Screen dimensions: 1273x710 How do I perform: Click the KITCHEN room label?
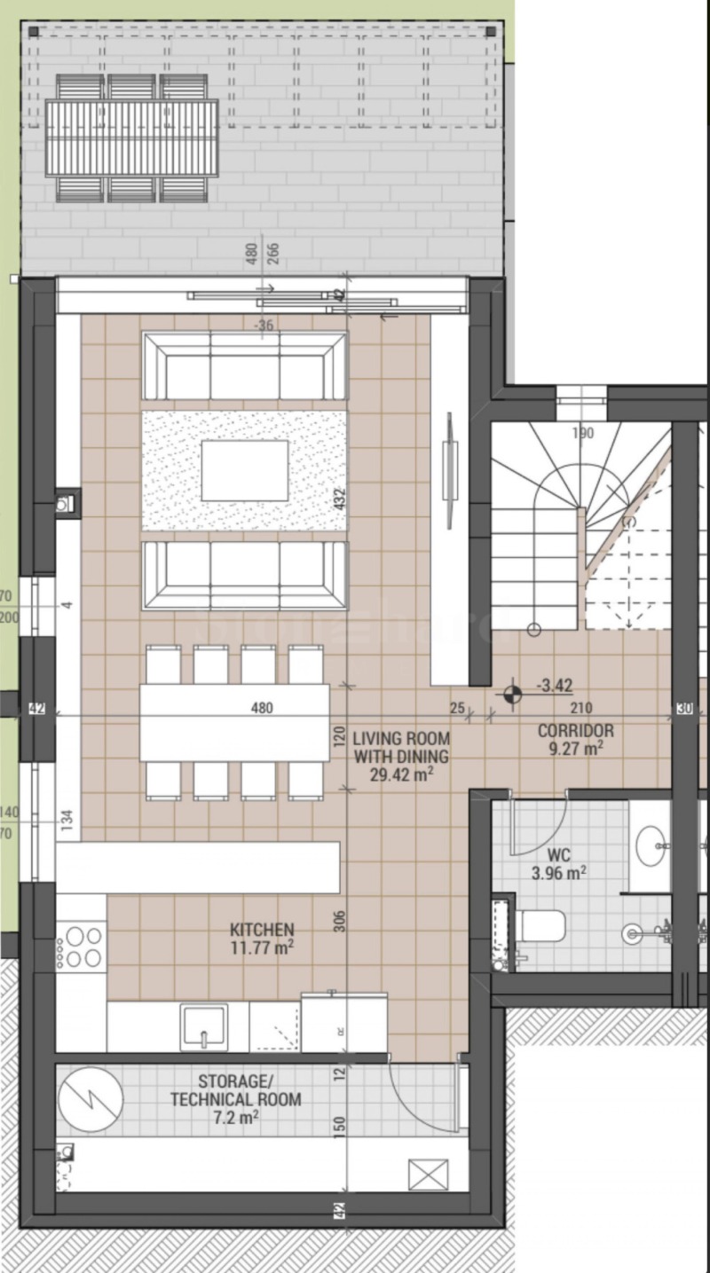262,930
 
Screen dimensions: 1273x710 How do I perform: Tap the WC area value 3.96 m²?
558,873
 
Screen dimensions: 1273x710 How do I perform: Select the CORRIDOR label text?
575,731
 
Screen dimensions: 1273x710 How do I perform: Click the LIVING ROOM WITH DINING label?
401,747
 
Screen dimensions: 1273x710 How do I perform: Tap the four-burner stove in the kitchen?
82,947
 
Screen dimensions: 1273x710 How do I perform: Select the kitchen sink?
203,1027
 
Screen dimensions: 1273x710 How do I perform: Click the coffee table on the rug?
244,470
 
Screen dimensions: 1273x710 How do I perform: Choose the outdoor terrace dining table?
132,138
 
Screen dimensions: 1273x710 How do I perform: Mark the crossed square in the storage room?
428,1175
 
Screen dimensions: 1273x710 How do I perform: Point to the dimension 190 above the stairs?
582,434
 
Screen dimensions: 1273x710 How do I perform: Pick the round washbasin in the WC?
652,839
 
